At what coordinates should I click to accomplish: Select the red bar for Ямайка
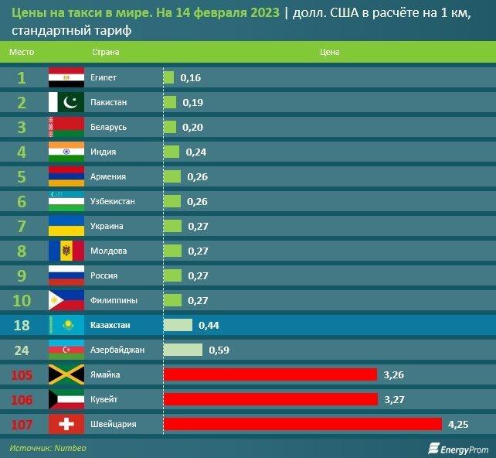pyautogui.click(x=270, y=374)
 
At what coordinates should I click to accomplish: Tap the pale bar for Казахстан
pyautogui.click(x=178, y=325)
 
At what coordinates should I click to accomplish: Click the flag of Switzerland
pyautogui.click(x=66, y=424)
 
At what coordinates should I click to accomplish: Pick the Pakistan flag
pyautogui.click(x=66, y=102)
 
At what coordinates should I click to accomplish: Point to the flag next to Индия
pyautogui.click(x=66, y=152)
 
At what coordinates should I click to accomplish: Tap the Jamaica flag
pyautogui.click(x=66, y=374)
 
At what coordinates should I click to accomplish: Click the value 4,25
pyautogui.click(x=459, y=424)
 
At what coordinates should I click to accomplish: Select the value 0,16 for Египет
pyautogui.click(x=190, y=77)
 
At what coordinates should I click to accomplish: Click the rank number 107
pyautogui.click(x=22, y=424)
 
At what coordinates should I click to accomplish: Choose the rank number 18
pyautogui.click(x=22, y=325)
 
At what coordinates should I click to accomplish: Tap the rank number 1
pyautogui.click(x=22, y=77)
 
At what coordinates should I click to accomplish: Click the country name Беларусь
pyautogui.click(x=108, y=127)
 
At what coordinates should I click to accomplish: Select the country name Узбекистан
pyautogui.click(x=112, y=201)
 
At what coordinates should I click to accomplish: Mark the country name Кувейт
pyautogui.click(x=104, y=399)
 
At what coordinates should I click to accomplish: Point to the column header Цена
pyautogui.click(x=329, y=53)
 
